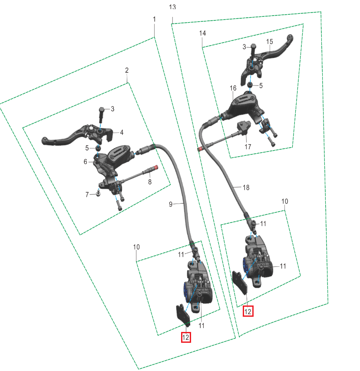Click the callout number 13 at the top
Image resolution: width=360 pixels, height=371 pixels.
click(172, 7)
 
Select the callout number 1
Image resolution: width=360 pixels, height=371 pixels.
click(155, 19)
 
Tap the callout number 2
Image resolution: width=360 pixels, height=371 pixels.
click(127, 70)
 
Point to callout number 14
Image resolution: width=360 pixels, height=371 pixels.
click(202, 33)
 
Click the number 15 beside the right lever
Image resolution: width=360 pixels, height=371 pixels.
click(270, 42)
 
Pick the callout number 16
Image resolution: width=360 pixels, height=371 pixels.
click(233, 88)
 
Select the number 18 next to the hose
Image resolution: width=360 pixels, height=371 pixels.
click(246, 187)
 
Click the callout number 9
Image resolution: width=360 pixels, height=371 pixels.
click(171, 204)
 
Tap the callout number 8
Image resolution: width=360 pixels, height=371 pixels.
click(150, 182)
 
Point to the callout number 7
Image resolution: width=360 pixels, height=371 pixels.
click(87, 194)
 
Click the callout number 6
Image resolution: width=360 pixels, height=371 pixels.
click(85, 161)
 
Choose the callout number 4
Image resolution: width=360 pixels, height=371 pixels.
click(122, 132)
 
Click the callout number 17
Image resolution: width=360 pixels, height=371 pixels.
click(248, 147)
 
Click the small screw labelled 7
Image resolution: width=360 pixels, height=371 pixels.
click(98, 193)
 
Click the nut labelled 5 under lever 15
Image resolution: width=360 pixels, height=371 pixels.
click(250, 85)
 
